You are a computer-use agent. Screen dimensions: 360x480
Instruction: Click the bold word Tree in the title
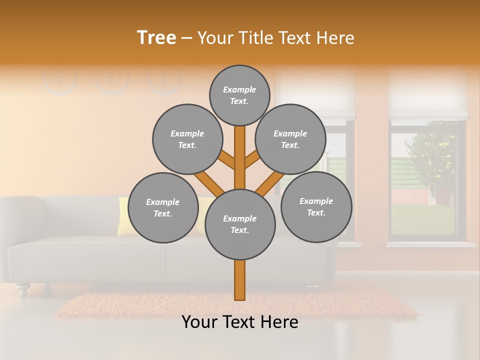[156, 37]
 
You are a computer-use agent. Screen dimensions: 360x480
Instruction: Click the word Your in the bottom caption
[199, 322]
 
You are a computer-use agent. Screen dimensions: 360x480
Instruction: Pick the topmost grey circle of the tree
[239, 95]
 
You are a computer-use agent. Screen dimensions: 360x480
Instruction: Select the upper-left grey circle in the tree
[187, 139]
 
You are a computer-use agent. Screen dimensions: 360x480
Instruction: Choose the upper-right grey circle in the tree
[290, 139]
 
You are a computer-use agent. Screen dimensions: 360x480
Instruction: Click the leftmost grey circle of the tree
[163, 207]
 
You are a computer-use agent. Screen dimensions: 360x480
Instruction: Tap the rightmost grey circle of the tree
[316, 206]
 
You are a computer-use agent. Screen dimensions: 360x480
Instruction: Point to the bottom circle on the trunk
[240, 224]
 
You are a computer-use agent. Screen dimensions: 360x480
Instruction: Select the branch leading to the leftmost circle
[209, 183]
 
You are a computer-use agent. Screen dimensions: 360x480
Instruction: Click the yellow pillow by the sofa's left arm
[123, 215]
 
